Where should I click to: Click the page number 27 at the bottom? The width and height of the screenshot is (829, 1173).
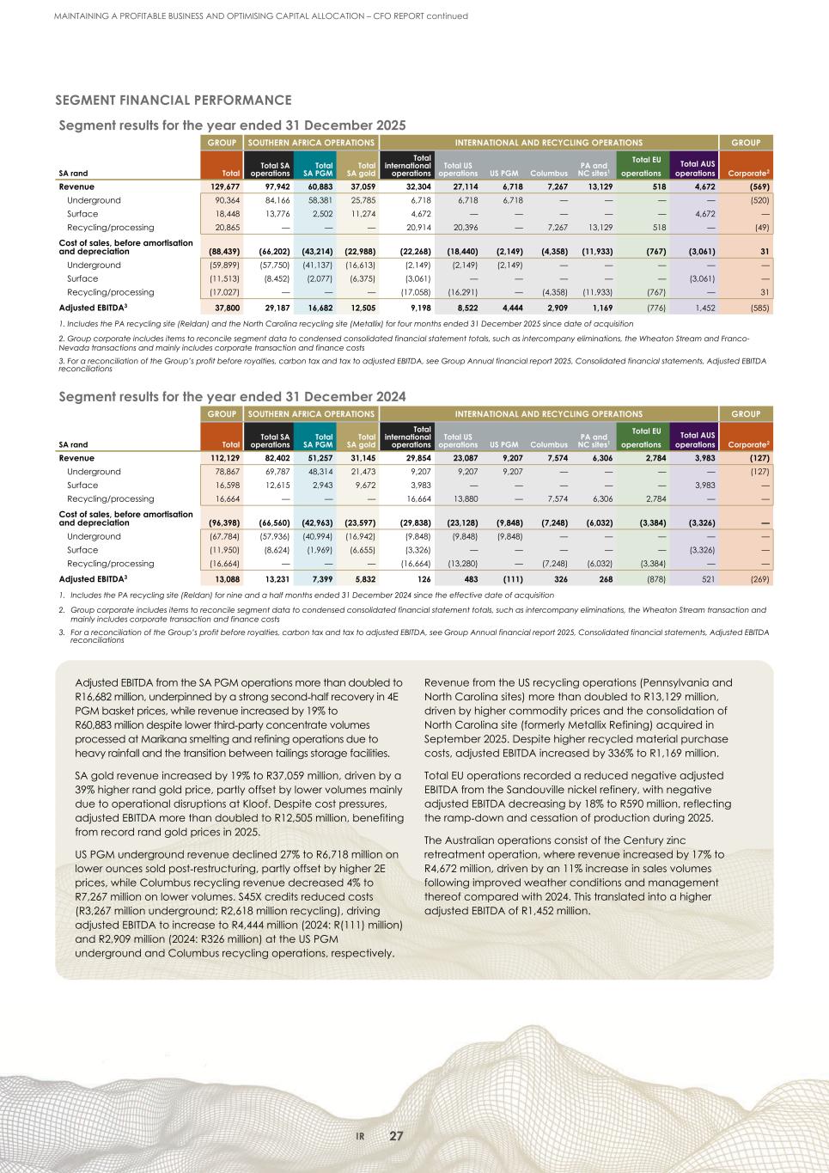[x=396, y=1136]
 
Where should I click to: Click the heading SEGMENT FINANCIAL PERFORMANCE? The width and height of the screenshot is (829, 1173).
[x=174, y=101]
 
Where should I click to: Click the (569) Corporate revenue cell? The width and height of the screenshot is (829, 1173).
[x=756, y=186]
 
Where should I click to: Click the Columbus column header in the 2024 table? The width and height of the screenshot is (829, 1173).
[x=550, y=445]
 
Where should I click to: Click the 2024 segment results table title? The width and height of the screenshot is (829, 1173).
[x=231, y=396]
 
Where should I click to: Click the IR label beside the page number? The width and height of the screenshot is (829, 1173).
[x=362, y=1137]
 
